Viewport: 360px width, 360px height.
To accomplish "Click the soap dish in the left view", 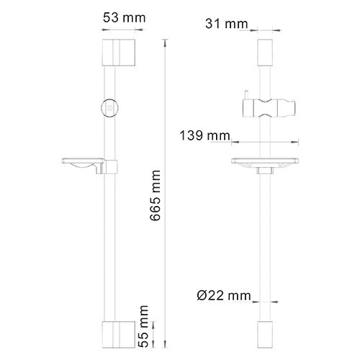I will pos(84,166).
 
